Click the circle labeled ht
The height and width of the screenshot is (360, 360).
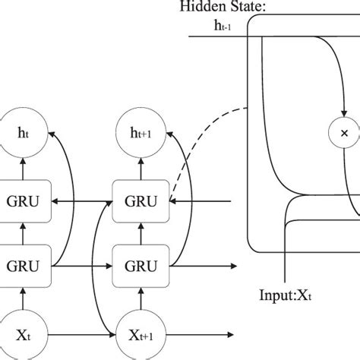(22, 133)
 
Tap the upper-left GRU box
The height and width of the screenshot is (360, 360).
(23, 201)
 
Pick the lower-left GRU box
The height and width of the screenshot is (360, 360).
(23, 266)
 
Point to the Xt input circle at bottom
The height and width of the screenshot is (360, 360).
(22, 334)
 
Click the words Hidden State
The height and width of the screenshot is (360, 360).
(212, 7)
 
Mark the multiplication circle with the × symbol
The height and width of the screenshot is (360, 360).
(343, 133)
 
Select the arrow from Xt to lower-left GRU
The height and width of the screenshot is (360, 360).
(23, 300)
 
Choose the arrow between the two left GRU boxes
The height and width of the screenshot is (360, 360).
(23, 233)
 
